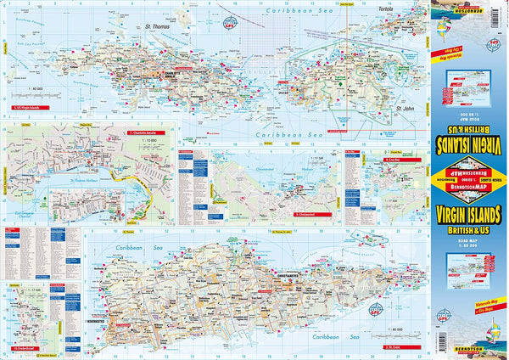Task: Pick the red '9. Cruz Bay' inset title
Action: point(394,159)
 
